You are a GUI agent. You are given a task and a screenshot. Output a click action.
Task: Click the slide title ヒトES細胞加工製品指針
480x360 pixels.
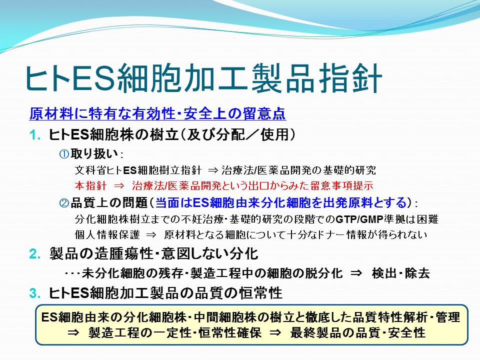(x=203, y=78)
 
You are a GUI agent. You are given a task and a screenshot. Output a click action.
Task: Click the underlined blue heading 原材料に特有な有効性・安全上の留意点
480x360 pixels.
(x=157, y=113)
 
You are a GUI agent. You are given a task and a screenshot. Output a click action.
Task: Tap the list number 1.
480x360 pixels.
(x=35, y=135)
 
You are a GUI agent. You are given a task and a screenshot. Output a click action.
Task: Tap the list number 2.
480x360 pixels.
(x=35, y=254)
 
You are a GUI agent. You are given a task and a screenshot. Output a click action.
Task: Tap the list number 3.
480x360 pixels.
(x=35, y=293)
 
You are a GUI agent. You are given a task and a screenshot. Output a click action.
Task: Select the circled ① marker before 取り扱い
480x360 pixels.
(x=64, y=154)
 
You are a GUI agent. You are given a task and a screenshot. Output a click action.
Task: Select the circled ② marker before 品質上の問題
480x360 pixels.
(x=64, y=202)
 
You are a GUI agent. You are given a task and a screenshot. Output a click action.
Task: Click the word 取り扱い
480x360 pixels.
(x=94, y=153)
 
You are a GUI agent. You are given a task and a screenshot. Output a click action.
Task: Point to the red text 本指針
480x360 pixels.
(x=90, y=185)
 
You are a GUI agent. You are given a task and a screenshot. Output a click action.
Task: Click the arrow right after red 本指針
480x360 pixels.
(x=119, y=186)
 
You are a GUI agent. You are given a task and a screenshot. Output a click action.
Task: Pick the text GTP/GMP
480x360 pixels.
(x=359, y=219)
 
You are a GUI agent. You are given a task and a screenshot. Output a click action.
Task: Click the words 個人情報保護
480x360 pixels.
(x=107, y=235)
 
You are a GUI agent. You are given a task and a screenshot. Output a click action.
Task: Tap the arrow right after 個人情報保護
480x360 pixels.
(x=151, y=235)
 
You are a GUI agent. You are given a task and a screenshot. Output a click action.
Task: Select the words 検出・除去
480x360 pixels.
(x=400, y=273)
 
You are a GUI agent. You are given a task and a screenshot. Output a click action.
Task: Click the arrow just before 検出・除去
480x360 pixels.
(x=356, y=273)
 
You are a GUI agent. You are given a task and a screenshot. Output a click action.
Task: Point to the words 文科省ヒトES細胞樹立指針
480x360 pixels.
(x=138, y=170)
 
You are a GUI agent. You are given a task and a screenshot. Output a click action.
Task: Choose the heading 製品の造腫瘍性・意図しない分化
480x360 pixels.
(x=153, y=254)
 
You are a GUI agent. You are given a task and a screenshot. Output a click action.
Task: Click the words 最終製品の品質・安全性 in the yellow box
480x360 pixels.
(x=358, y=333)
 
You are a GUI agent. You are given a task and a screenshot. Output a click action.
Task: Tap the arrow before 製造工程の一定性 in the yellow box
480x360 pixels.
(x=73, y=333)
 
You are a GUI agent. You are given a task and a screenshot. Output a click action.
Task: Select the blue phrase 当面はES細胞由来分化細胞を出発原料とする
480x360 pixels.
(x=281, y=202)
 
